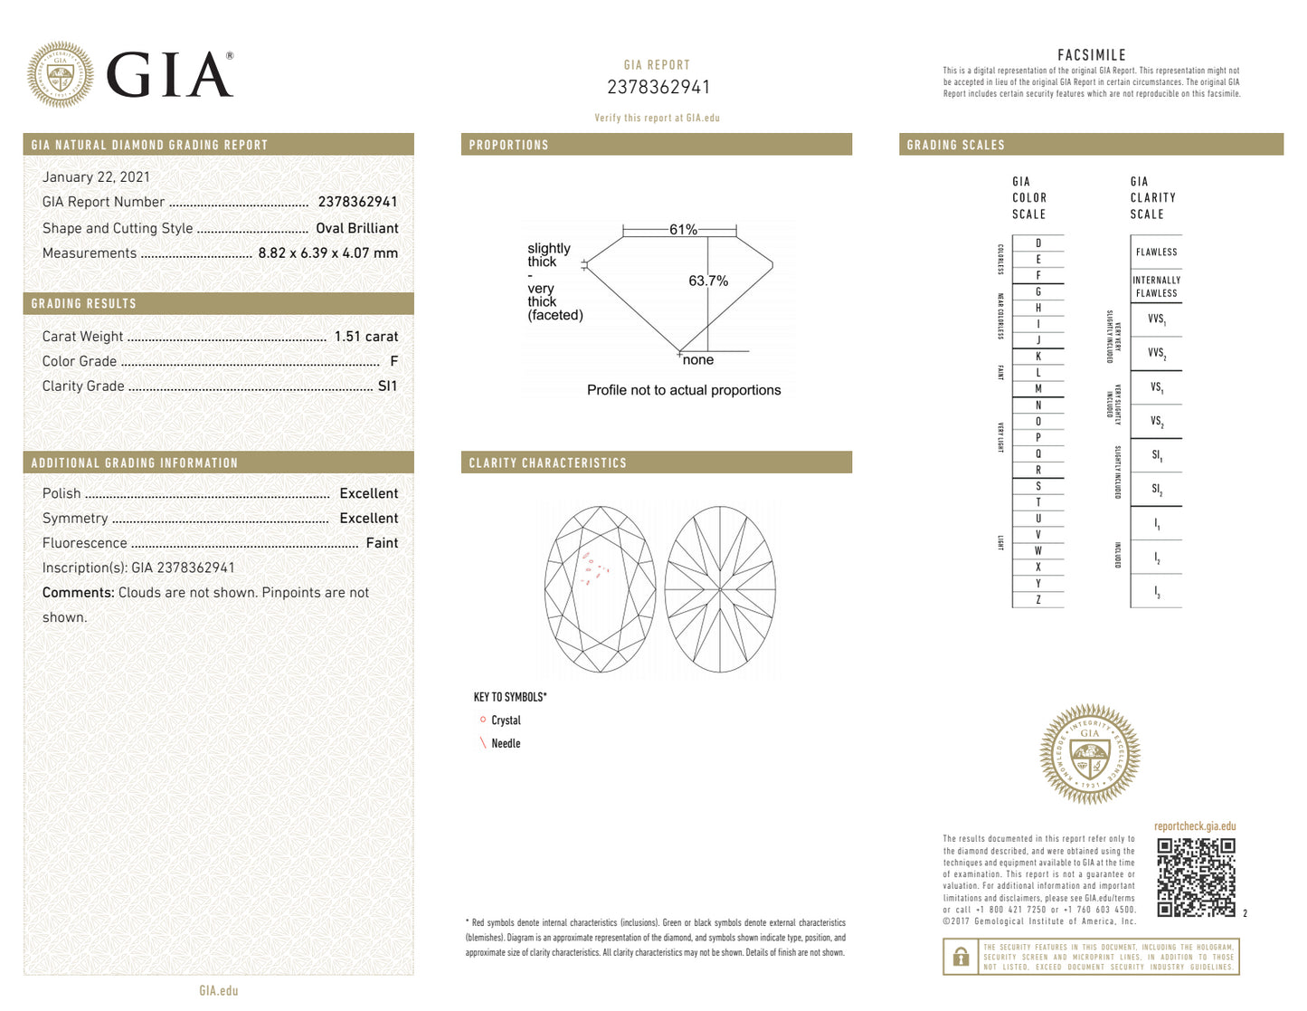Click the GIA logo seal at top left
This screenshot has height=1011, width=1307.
point(60,75)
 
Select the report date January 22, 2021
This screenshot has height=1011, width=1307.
point(96,177)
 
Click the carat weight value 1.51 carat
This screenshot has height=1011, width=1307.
point(365,337)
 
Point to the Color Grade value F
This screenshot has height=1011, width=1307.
point(393,361)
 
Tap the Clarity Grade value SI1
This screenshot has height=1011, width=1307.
point(387,386)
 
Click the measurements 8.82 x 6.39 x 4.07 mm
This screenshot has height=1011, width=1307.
point(327,253)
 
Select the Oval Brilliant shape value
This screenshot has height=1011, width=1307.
point(356,228)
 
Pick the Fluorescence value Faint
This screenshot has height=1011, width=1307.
point(382,543)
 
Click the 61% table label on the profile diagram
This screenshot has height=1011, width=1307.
point(683,230)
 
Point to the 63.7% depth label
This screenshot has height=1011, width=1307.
point(708,281)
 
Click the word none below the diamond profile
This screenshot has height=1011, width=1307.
point(698,360)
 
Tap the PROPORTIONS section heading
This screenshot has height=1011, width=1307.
point(508,145)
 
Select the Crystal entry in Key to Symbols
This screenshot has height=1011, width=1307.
point(506,720)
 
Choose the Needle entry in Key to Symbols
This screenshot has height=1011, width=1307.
point(506,743)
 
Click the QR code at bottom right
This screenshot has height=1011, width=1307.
point(1196,877)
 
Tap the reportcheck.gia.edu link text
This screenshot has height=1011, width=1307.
point(1194,826)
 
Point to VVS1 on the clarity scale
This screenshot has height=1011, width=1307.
point(1156,320)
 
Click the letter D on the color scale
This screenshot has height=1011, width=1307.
point(1038,243)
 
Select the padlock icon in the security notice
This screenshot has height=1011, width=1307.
point(961,957)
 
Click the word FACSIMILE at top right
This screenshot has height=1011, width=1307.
point(1091,55)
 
